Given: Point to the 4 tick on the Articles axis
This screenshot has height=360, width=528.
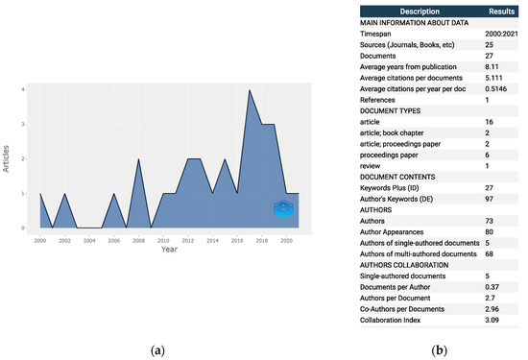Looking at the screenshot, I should [x=23, y=90].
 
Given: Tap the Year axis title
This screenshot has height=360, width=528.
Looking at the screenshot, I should [x=168, y=249].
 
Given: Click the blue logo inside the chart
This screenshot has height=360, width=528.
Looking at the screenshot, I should [x=281, y=211].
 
